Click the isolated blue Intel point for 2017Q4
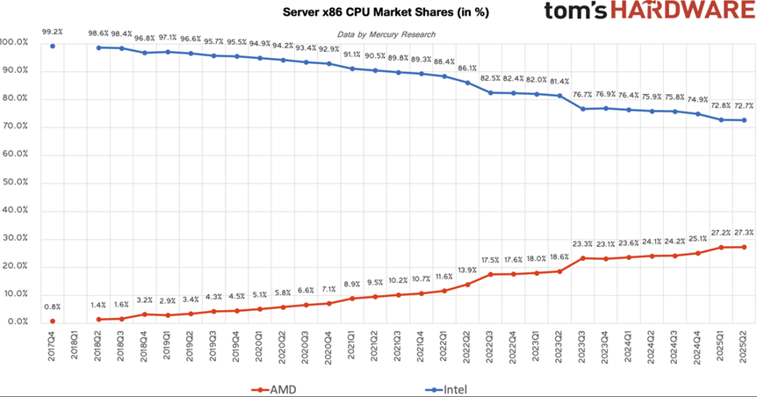tap(53, 47)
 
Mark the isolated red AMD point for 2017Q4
tap(53, 321)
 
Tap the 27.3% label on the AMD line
tap(745, 233)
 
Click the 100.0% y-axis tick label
tap(18, 42)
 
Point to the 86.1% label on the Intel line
tap(468, 68)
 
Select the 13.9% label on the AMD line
tap(468, 270)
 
